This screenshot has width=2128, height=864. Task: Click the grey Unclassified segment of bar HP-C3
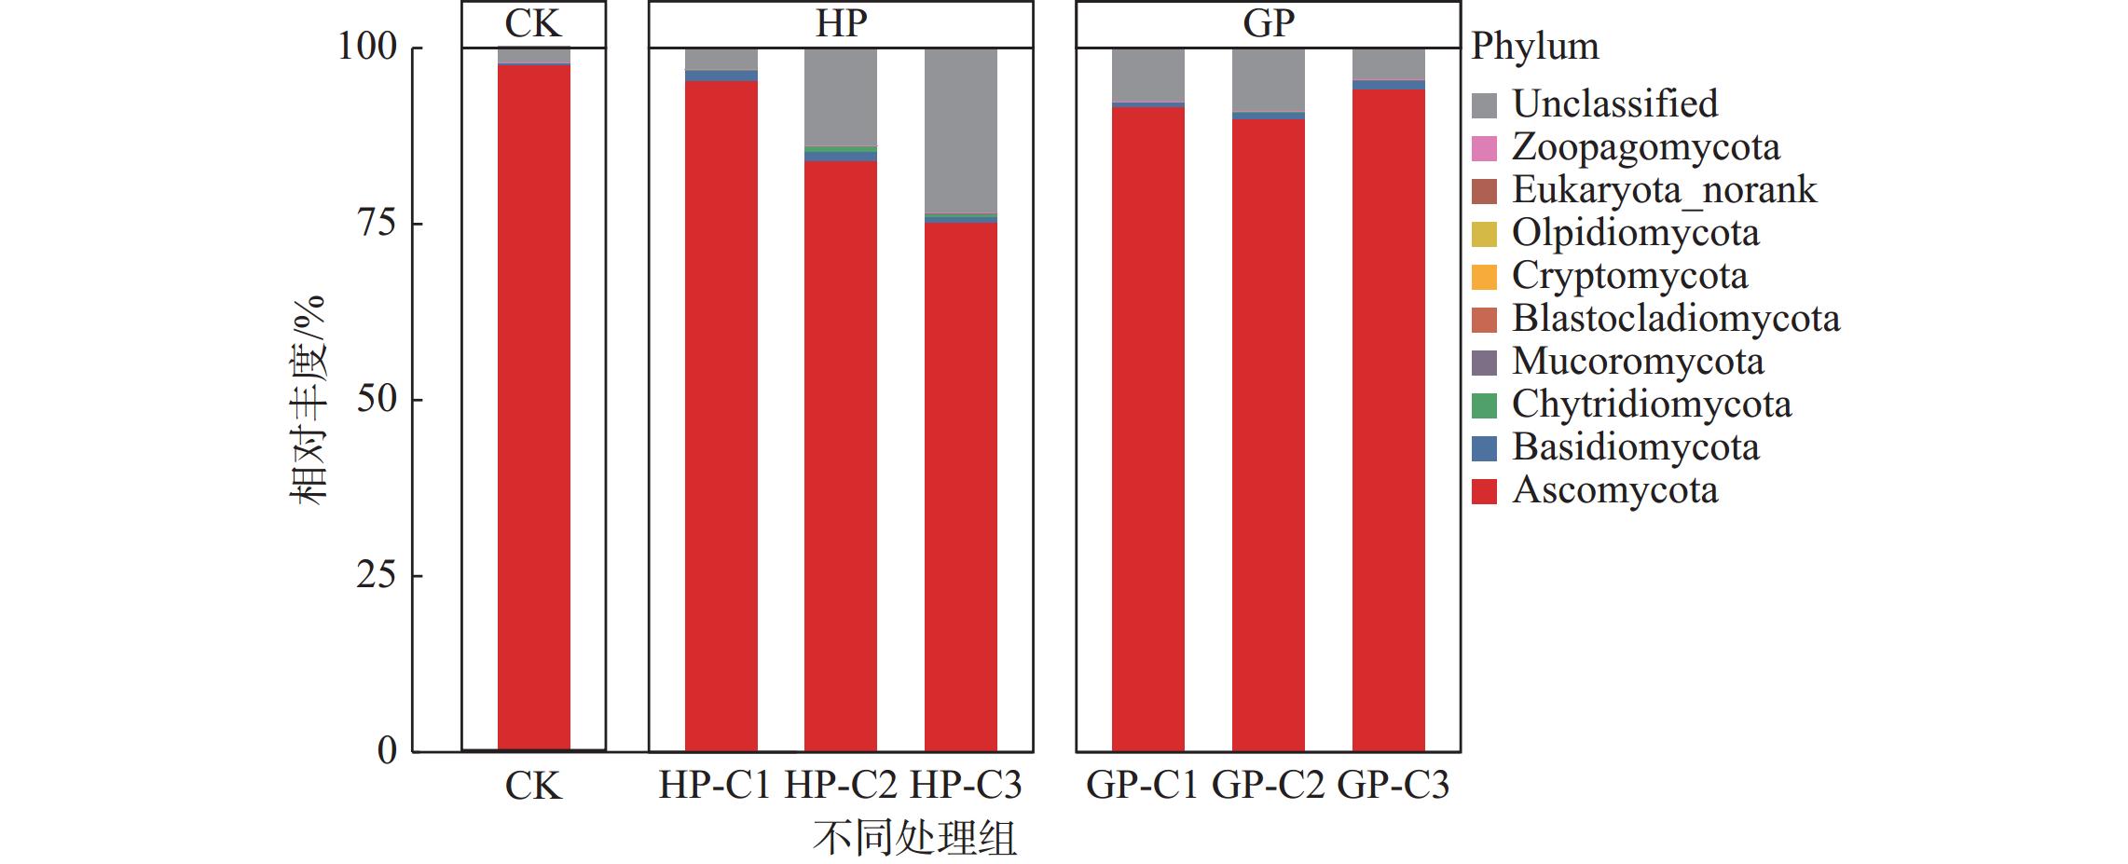coord(960,130)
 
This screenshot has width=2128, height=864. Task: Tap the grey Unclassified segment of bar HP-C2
coord(840,97)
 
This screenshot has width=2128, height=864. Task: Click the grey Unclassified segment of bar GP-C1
coord(1147,75)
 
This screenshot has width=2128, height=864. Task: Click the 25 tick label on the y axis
coord(377,576)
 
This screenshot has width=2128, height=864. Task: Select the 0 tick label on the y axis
coord(387,751)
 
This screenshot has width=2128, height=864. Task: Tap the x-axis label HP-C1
coord(715,786)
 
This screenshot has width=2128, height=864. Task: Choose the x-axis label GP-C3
coord(1393,786)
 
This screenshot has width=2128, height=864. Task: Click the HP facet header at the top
coord(841,24)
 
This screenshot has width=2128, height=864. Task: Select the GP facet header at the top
coord(1268,24)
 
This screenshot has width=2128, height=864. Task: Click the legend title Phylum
coord(1534,47)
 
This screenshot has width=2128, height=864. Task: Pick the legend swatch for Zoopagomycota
coord(1484,148)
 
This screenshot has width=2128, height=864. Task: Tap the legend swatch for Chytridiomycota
coord(1484,405)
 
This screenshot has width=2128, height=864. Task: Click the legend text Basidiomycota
coord(1635,447)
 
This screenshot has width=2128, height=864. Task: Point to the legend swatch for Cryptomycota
coord(1484,277)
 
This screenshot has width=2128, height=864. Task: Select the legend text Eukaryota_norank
coord(1664,190)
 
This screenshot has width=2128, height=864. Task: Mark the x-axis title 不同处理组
coord(914,838)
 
